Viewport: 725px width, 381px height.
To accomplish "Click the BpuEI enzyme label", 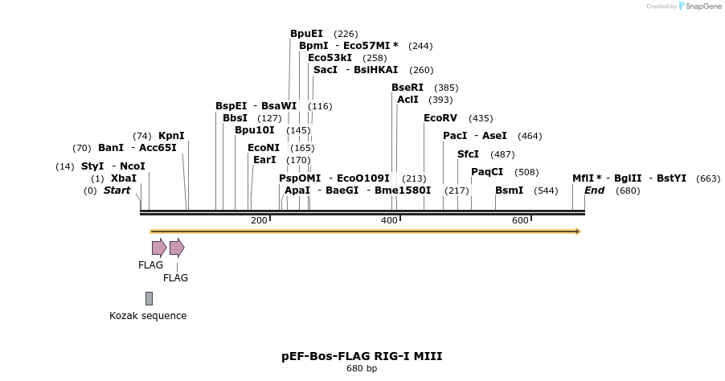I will coord(306,34).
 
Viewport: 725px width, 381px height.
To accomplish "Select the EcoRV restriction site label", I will coord(440,118).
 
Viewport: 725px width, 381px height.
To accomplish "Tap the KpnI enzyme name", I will coord(171,136).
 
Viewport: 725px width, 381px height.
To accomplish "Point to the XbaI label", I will coord(124,178).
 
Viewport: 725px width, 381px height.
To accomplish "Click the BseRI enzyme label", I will coord(408,88).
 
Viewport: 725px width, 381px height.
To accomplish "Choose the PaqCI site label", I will coord(487,172).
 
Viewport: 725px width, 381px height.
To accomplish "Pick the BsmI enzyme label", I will coord(509,190).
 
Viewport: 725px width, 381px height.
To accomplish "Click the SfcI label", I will coord(468,154).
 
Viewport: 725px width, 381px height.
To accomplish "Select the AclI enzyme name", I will coord(408,100).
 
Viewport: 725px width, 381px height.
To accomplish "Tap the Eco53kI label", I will coord(330,58).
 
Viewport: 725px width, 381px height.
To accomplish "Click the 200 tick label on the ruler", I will coord(259,220).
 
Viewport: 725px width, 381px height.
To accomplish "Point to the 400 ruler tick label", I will coord(389,220).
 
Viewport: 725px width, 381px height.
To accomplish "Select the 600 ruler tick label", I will coord(519,220).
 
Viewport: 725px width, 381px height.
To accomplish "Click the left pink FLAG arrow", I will coord(159,248).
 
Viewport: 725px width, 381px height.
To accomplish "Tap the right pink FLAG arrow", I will coord(177,248).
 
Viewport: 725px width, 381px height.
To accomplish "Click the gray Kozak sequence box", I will coord(149,298).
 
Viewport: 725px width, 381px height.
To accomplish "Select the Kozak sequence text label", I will coord(148,316).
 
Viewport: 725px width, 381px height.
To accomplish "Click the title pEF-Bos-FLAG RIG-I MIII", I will coord(362,355).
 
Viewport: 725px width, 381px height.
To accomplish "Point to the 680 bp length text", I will coord(362,369).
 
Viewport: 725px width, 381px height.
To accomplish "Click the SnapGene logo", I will coord(699,6).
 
